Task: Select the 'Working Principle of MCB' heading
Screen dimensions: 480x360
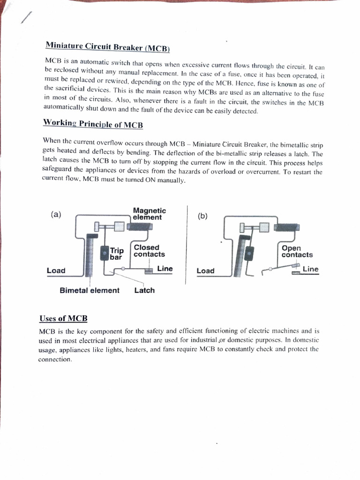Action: [93, 124]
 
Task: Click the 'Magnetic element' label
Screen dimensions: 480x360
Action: [149, 214]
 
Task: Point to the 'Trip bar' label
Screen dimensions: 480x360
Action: [116, 254]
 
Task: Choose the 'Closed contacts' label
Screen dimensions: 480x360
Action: [149, 251]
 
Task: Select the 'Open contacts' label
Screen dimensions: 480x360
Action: [297, 252]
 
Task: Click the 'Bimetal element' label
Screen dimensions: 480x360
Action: [90, 291]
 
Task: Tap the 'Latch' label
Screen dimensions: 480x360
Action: [144, 291]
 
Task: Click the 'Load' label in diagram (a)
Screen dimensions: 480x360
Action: [56, 270]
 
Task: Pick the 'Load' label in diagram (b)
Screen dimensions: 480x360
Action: [205, 270]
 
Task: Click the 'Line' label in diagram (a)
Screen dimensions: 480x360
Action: [165, 269]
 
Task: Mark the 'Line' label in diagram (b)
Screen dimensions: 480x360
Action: [311, 269]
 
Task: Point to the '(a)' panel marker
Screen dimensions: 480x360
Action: [56, 215]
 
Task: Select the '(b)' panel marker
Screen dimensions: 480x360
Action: [202, 216]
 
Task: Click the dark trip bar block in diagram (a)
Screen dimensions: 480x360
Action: [104, 254]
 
